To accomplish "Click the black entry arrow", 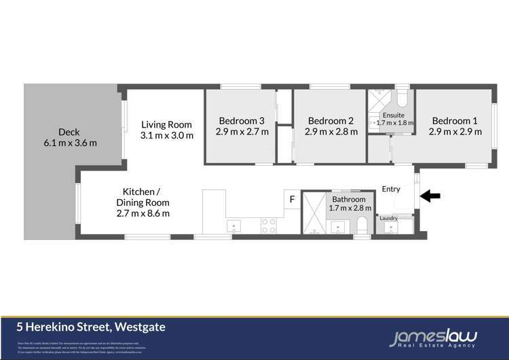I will click(430, 196).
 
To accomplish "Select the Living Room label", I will click(166, 124).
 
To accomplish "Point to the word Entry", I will click(392, 189).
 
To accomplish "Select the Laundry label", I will click(388, 218).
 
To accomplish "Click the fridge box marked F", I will click(292, 199).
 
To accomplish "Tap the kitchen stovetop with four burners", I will click(269, 226).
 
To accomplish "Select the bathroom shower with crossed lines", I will click(314, 212).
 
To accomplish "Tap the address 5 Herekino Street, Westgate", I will click(91, 327).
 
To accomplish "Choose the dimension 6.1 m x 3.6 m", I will click(69, 143).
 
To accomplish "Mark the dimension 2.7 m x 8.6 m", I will click(142, 213).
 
